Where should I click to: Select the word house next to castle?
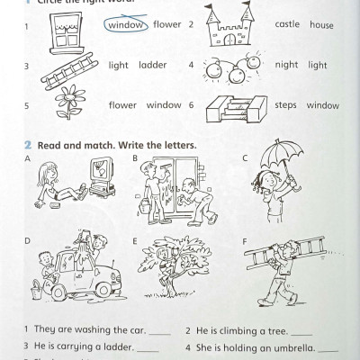(321, 25)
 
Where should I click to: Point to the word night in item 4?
(286, 66)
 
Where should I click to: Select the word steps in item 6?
(285, 105)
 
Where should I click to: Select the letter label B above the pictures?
(134, 158)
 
